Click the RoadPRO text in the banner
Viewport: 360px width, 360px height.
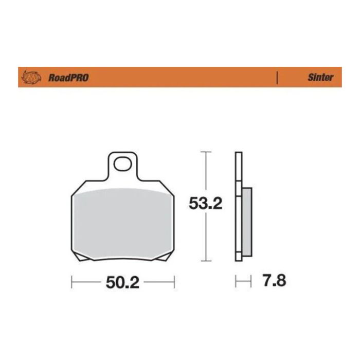(x=68, y=78)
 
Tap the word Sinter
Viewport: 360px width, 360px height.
(x=320, y=78)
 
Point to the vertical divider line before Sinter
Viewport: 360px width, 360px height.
(x=277, y=78)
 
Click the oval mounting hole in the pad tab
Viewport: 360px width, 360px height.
(x=123, y=165)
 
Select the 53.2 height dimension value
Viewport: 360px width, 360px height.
(x=206, y=204)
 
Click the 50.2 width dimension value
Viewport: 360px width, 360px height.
(x=123, y=282)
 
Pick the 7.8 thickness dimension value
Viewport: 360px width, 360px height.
(x=273, y=281)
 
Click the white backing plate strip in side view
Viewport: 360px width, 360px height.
(x=238, y=206)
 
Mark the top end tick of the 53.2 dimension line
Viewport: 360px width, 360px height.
(x=206, y=152)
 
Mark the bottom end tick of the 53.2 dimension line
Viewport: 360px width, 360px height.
(x=206, y=261)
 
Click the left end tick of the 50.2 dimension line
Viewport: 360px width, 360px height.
(x=72, y=282)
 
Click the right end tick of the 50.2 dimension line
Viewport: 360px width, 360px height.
(x=175, y=282)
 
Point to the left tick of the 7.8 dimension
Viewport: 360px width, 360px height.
(x=236, y=281)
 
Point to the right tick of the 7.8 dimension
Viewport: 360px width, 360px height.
(x=251, y=281)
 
